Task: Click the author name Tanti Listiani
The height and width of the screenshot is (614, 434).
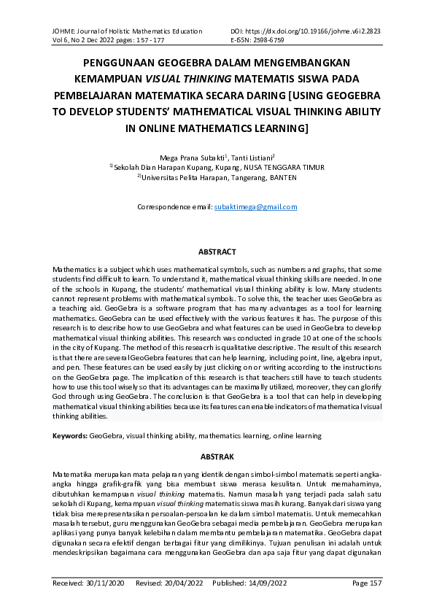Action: [252, 157]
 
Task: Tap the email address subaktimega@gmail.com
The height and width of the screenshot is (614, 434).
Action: [255, 207]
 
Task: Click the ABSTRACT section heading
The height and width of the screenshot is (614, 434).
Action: [217, 252]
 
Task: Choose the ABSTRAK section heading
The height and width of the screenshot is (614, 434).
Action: [217, 456]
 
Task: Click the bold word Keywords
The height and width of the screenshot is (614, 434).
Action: [69, 435]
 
